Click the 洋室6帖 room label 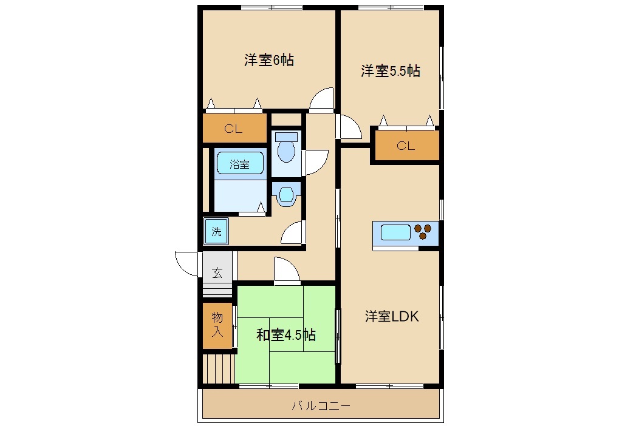click(x=269, y=60)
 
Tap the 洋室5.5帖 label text click(x=390, y=71)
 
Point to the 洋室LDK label click(x=392, y=316)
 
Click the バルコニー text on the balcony click(x=321, y=405)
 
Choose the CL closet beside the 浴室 click(x=234, y=128)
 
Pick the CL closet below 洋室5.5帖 click(x=406, y=146)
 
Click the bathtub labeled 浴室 click(x=239, y=164)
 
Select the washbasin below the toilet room click(x=285, y=195)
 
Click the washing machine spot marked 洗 click(x=216, y=231)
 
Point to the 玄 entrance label click(x=217, y=272)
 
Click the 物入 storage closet click(x=217, y=325)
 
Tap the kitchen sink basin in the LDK click(x=395, y=232)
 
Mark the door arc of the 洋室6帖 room click(x=323, y=100)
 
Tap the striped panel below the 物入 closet click(x=219, y=368)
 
